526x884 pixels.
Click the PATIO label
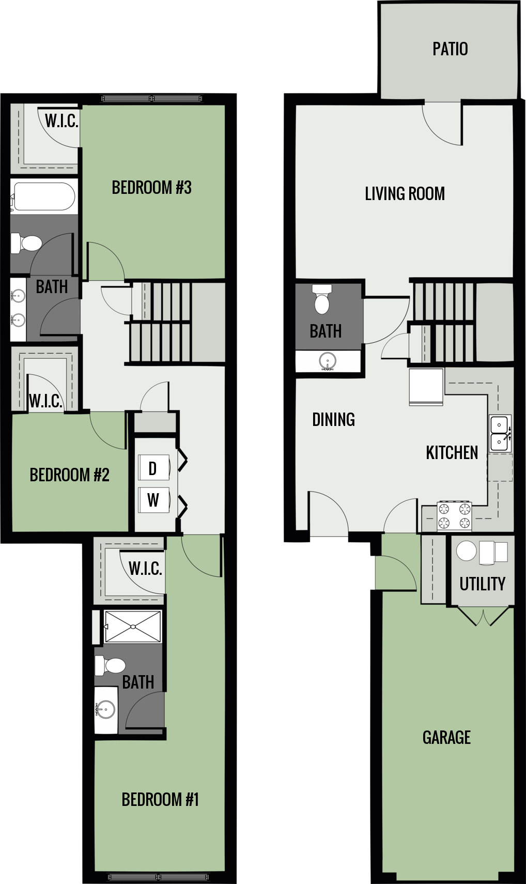pyautogui.click(x=450, y=49)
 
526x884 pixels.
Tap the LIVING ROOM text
pyautogui.click(x=405, y=194)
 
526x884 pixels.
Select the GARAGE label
pyautogui.click(x=446, y=737)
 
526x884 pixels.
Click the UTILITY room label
pyautogui.click(x=482, y=584)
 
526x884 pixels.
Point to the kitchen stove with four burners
pyautogui.click(x=454, y=516)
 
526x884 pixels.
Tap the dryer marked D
pyautogui.click(x=153, y=468)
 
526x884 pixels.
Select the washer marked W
pyautogui.click(x=153, y=500)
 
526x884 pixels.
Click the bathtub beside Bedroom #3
pyautogui.click(x=44, y=196)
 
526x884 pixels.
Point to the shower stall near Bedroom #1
pyautogui.click(x=133, y=627)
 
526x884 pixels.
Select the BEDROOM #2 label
pyautogui.click(x=69, y=475)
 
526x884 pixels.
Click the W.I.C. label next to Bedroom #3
pyautogui.click(x=61, y=121)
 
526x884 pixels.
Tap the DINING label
pyautogui.click(x=333, y=419)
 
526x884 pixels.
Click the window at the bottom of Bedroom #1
pyautogui.click(x=159, y=877)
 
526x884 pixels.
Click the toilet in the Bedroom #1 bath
pyautogui.click(x=111, y=666)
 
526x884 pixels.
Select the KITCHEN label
pyautogui.click(x=452, y=452)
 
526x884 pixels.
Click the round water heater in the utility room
pyautogui.click(x=466, y=551)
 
